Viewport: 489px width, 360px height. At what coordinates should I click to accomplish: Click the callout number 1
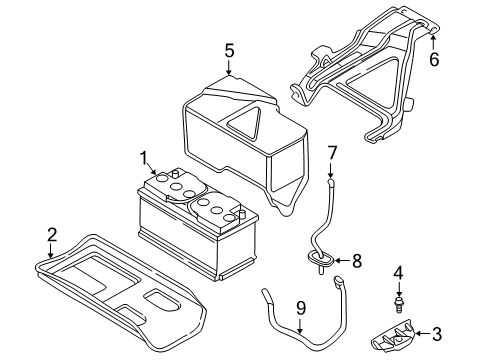[x=144, y=156]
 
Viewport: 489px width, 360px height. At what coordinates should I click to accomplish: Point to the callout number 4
[x=399, y=272]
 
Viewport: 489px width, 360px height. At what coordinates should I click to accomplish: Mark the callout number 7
[x=333, y=152]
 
